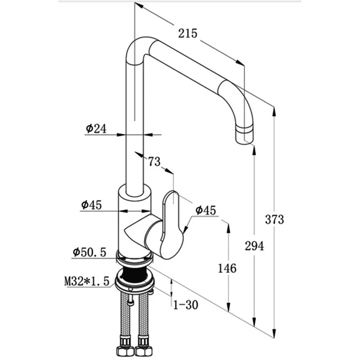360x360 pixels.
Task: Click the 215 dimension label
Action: pos(188,33)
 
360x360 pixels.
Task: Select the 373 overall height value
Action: pos(275,219)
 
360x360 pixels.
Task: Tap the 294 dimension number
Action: pos(255,246)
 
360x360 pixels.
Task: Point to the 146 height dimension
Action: pos(227,268)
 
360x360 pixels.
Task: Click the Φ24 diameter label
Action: pos(96,129)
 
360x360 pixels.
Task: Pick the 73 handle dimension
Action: pos(154,162)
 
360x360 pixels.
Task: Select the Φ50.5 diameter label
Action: pos(89,253)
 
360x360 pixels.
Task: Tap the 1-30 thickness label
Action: pos(186,305)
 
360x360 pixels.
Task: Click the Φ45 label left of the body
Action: pos(91,205)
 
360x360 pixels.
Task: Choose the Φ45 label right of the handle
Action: pos(207,210)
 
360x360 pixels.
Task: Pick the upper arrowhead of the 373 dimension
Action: pos(274,111)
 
